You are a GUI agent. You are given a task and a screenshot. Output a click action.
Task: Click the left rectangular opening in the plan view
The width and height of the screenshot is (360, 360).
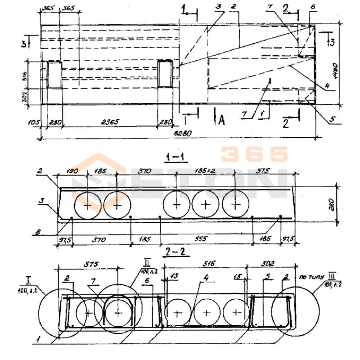coord(55,75)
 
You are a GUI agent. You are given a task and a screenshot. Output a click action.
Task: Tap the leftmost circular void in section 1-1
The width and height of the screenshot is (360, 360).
coord(88,205)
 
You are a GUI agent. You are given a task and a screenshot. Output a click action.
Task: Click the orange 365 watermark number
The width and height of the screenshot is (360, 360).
coord(254,154)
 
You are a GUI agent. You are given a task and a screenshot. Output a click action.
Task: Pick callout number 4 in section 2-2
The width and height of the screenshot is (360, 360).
coord(205,279)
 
